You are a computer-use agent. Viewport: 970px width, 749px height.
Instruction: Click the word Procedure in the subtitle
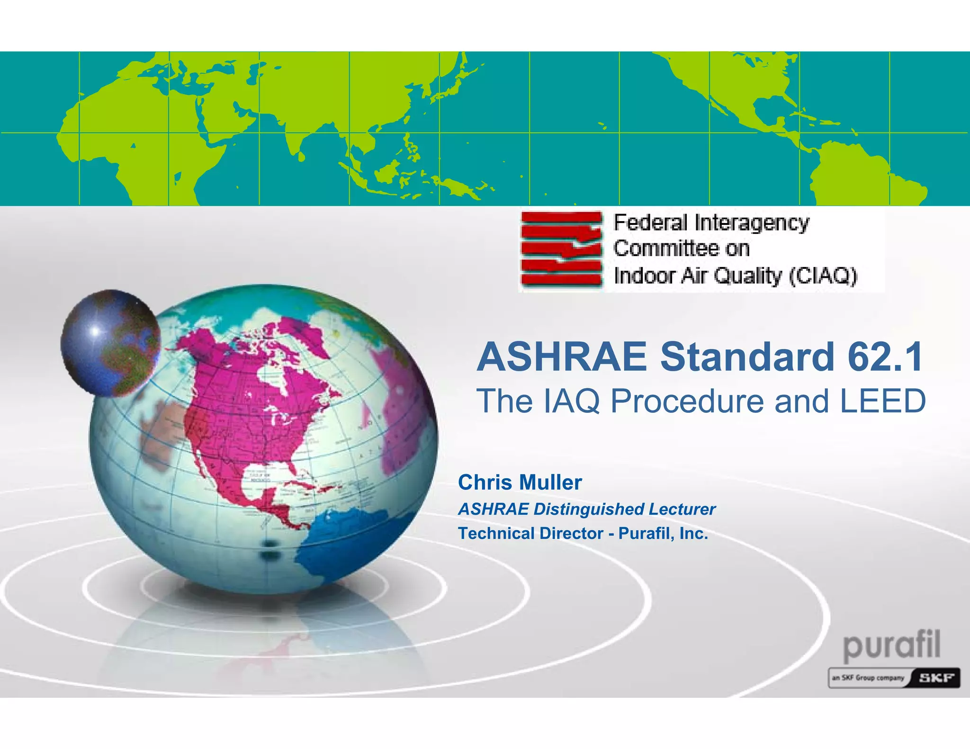(x=687, y=401)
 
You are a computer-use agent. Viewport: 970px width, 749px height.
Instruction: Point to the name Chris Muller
(x=520, y=482)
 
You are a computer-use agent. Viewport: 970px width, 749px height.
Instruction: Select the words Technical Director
(x=530, y=534)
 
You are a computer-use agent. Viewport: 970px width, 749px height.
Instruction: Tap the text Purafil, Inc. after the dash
(x=663, y=534)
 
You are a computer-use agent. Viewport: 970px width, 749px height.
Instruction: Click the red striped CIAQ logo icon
(x=561, y=249)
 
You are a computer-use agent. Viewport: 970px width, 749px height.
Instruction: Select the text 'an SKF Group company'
(x=868, y=678)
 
